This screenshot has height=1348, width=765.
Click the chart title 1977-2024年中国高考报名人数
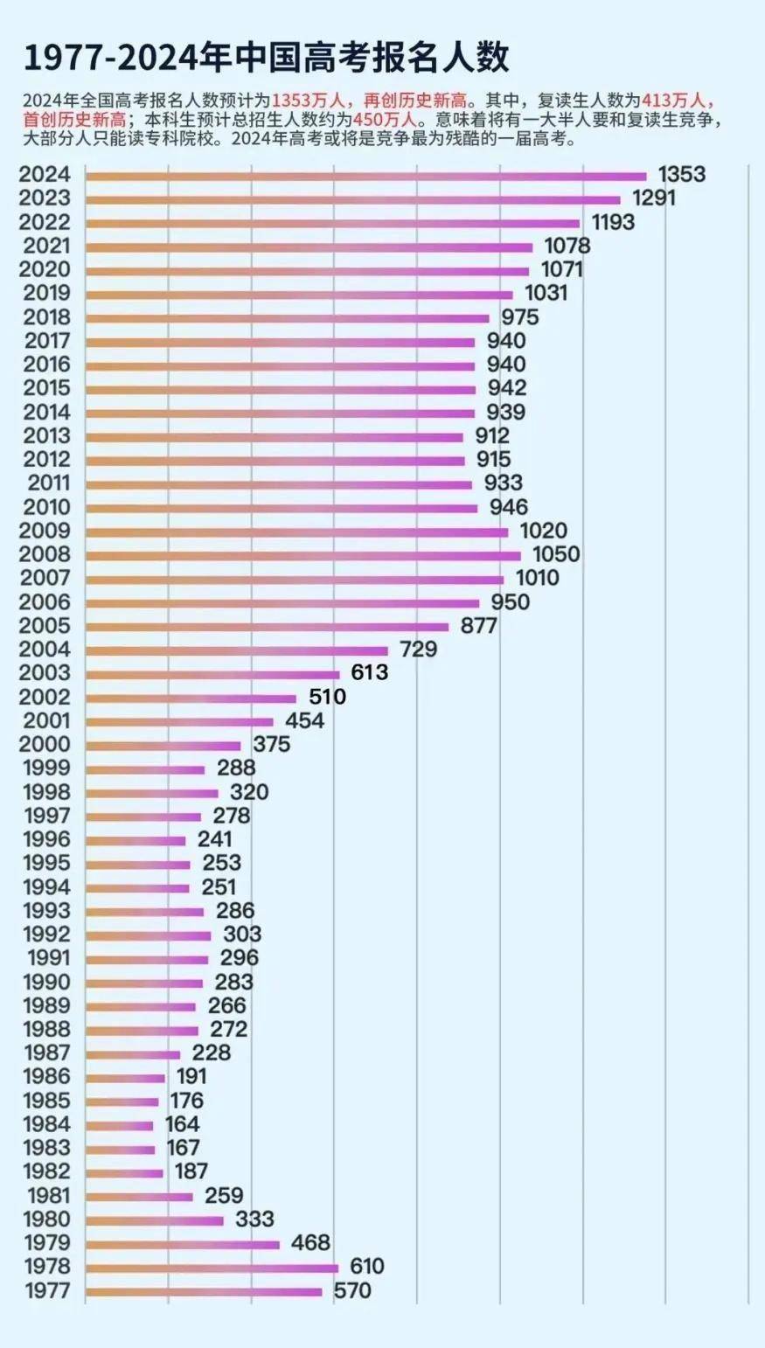tap(266, 58)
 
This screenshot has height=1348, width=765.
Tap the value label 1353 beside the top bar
tap(681, 174)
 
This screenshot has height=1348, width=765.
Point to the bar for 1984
tap(120, 1125)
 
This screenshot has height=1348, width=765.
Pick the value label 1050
tap(556, 554)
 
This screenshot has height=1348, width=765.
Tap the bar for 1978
tap(212, 1268)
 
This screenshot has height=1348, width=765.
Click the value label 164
tap(183, 1124)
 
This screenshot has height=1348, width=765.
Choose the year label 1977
tap(48, 1291)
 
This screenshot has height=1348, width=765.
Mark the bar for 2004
tap(236, 650)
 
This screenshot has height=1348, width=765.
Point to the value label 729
tap(418, 650)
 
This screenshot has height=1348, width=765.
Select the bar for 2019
tap(299, 295)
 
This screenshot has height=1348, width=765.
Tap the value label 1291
tap(654, 198)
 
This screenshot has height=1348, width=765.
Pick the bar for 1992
tap(148, 935)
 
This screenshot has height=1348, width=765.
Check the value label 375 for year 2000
tap(271, 745)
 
